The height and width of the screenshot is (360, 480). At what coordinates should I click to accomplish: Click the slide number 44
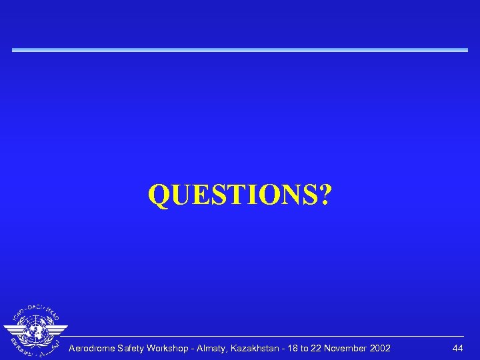[x=457, y=349]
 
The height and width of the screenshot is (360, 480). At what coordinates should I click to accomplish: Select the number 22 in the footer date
[x=333, y=349]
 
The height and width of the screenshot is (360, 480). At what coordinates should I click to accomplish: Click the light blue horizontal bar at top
[x=240, y=50]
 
